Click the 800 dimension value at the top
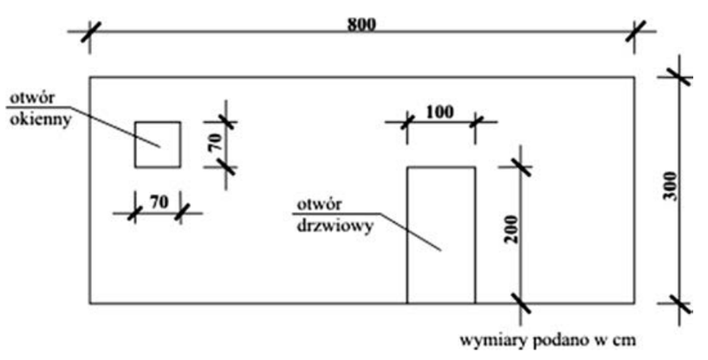click(x=361, y=25)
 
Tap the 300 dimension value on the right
click(x=672, y=187)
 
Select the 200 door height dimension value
click(x=512, y=229)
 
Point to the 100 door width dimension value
click(x=440, y=111)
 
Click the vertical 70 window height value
click(x=216, y=142)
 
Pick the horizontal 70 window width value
click(x=158, y=202)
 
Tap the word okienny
click(x=41, y=120)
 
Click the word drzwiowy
click(x=335, y=226)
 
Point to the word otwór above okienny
click(x=32, y=98)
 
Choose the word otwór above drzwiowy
click(x=319, y=204)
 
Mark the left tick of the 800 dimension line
click(x=90, y=32)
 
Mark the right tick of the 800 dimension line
click(x=635, y=32)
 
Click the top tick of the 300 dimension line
click(x=680, y=77)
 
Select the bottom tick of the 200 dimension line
click(x=521, y=303)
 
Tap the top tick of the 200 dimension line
click(x=521, y=167)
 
